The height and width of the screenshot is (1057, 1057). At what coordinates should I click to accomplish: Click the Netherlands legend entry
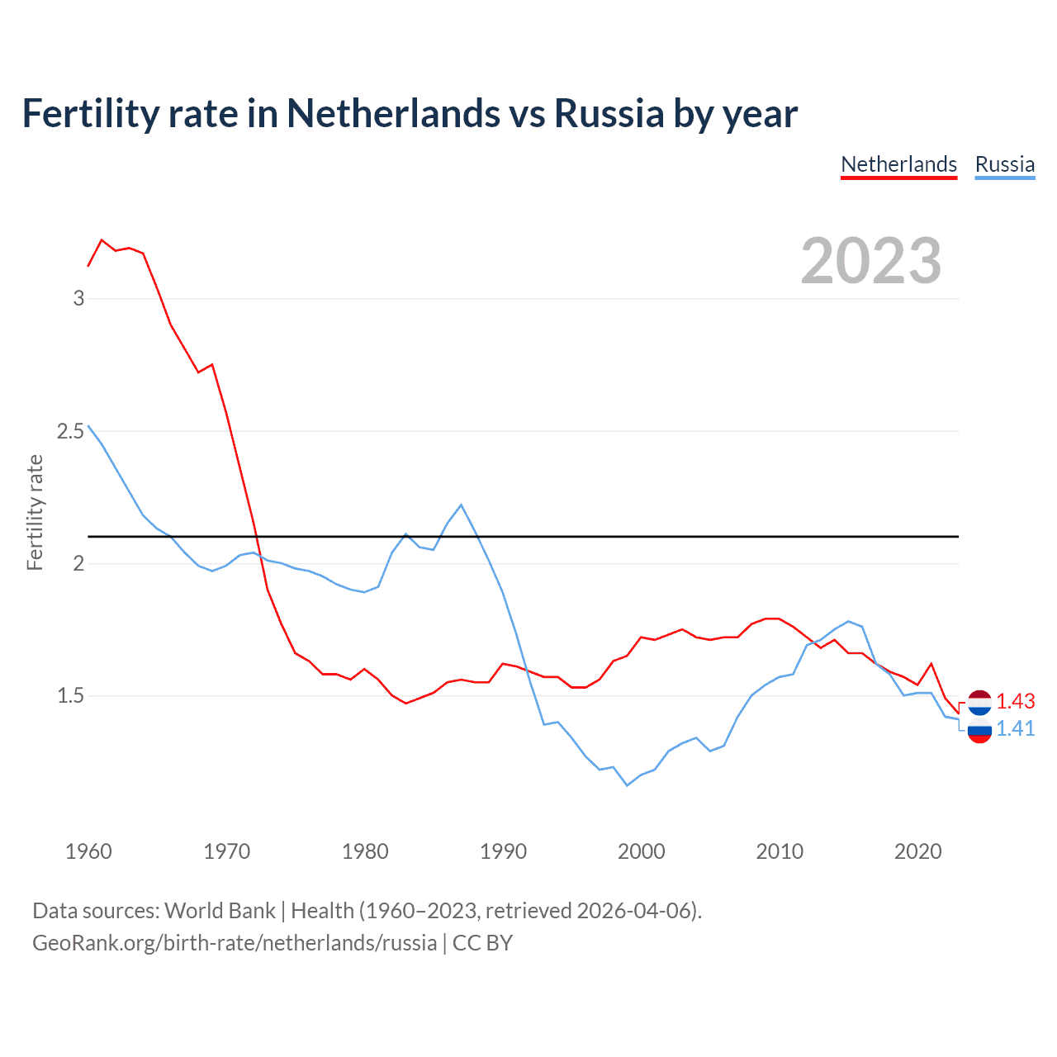point(898,164)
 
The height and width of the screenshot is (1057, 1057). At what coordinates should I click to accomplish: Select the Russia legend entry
point(1004,164)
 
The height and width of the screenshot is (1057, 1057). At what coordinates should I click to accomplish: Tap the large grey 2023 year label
point(871,261)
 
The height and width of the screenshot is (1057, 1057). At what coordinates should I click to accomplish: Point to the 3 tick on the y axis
point(78,298)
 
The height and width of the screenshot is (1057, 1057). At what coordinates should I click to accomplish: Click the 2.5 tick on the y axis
point(70,431)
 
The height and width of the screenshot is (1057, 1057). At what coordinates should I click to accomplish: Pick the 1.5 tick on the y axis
point(70,696)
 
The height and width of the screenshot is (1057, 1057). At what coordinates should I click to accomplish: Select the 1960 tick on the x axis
point(88,851)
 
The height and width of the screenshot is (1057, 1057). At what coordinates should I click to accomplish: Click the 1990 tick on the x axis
point(503,851)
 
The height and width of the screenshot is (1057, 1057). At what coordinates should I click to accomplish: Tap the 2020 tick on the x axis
point(917,851)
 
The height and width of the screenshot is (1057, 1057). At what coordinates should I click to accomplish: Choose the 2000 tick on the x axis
point(641,851)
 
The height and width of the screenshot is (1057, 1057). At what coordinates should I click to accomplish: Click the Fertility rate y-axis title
point(35,512)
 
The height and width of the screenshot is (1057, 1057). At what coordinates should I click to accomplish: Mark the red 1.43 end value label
point(1015,701)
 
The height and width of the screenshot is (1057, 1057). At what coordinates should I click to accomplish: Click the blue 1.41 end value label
point(1015,728)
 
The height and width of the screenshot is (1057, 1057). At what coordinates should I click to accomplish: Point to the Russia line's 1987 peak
point(461,505)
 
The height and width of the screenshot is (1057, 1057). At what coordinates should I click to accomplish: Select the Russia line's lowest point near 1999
point(627,785)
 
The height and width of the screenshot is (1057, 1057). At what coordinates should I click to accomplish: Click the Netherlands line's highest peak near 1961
point(102,239)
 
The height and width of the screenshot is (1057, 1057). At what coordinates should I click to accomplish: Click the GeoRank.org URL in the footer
point(235,943)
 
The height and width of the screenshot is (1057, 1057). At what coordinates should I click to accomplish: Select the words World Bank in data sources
point(220,911)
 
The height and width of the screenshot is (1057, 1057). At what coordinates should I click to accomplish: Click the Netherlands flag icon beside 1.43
point(979,702)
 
